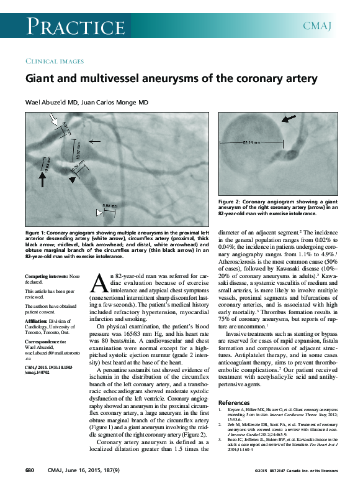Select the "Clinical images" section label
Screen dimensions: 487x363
[x=53, y=61]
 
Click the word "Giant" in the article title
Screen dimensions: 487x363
[x=40, y=79]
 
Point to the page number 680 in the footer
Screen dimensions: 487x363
[x=29, y=473]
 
